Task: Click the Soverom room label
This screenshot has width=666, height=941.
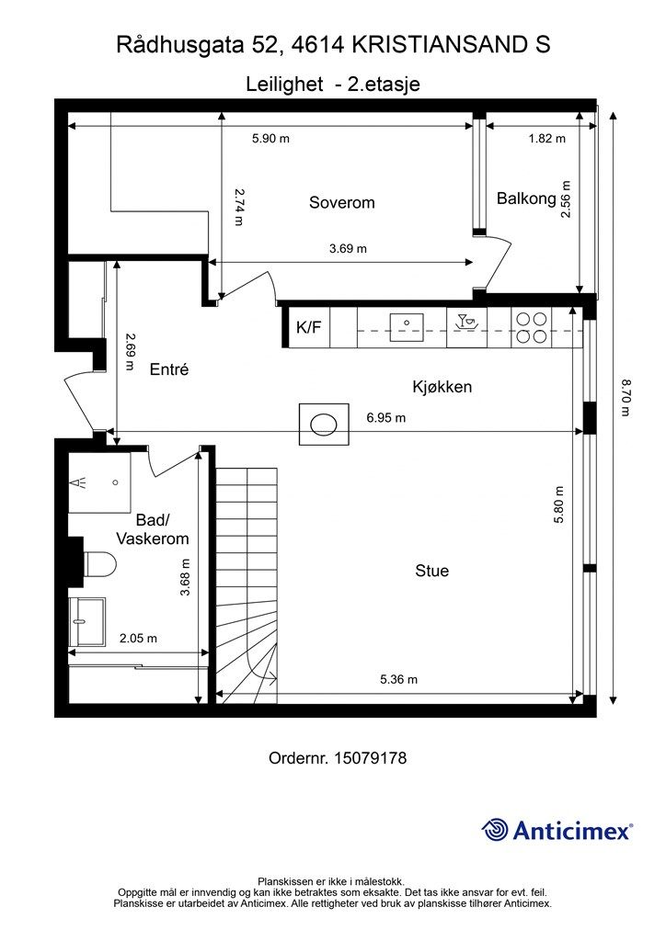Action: coord(341,203)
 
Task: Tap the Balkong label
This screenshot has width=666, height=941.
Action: coord(526,198)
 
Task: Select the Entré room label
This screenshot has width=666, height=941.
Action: coord(168,369)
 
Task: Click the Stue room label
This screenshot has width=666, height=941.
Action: coord(431,571)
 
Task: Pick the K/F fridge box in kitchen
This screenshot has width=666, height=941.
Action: coord(308,328)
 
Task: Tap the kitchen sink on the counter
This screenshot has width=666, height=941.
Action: coord(406,323)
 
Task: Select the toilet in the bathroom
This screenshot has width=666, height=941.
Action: coord(98,561)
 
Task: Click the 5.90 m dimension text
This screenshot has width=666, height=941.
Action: coord(270,139)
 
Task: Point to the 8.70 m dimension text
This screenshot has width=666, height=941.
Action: coord(626,397)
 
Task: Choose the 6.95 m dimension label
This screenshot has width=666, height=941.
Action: coord(385,417)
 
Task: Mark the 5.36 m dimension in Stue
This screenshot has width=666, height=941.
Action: coord(398,679)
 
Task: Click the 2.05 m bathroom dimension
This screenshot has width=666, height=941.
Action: coord(138,638)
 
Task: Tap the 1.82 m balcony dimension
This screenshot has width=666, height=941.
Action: coord(546,139)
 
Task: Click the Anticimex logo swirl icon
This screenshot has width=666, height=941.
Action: coord(495,830)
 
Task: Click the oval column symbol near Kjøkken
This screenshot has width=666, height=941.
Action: coord(323,424)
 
